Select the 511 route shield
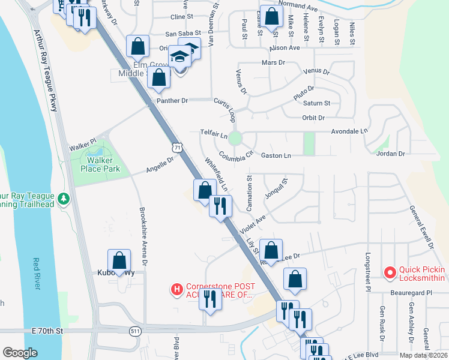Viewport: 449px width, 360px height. coord(136,331)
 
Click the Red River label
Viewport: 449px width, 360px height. coord(37,274)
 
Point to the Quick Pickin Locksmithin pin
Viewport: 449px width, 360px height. coord(390,273)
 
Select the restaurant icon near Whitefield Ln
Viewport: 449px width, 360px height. coord(220,206)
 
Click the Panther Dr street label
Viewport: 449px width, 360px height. coord(168,101)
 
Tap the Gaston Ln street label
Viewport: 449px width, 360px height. coord(276,155)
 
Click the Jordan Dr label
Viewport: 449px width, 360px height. coord(391,154)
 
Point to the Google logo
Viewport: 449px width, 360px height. coord(20,353)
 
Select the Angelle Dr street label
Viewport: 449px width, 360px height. coord(160,165)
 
